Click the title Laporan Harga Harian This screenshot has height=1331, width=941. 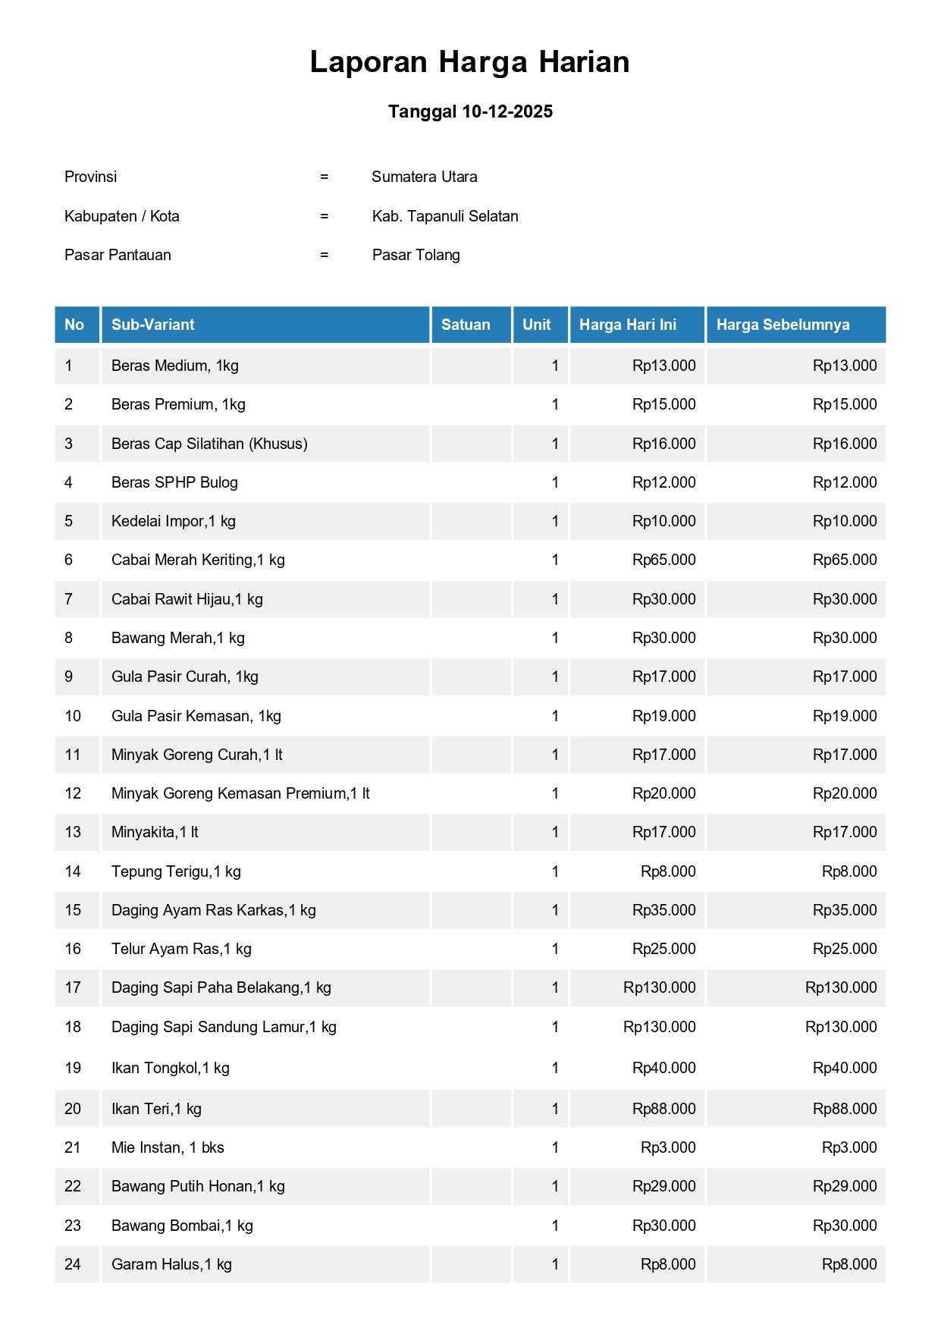[x=469, y=62]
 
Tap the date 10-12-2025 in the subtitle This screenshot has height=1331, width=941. [x=507, y=111]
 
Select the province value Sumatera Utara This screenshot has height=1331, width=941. [x=424, y=177]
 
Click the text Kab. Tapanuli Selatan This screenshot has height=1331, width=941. [x=445, y=216]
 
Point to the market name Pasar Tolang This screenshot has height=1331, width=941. [x=416, y=255]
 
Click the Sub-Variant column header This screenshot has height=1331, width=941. [x=153, y=325]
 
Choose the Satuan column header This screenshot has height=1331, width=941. [x=466, y=325]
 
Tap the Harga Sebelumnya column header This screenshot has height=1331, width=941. [x=783, y=325]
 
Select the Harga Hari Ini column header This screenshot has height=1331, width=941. [x=628, y=325]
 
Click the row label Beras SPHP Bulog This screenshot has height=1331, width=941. [x=174, y=482]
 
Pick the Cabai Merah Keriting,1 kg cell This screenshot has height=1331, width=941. [x=198, y=560]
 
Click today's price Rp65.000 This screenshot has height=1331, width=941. [x=663, y=560]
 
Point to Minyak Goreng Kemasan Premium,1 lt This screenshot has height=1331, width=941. [x=240, y=793]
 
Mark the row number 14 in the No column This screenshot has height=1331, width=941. [x=73, y=871]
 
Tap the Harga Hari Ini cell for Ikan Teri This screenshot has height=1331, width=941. [x=663, y=1109]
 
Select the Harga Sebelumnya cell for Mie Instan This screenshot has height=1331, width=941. [x=849, y=1147]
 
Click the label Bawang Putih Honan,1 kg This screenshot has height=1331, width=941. [x=198, y=1186]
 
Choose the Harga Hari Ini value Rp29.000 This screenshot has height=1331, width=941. [x=663, y=1186]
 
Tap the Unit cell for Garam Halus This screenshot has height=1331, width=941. [x=555, y=1264]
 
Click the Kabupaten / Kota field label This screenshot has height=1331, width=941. [x=122, y=216]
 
